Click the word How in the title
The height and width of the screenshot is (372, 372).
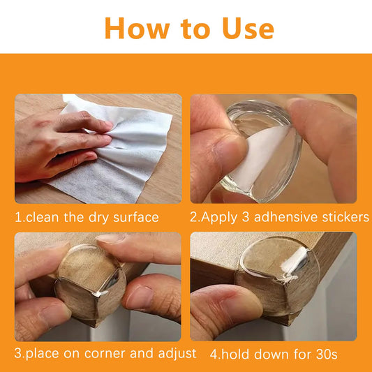point(137,28)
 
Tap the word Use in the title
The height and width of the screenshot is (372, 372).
point(248,28)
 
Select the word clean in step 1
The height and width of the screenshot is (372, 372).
point(42,217)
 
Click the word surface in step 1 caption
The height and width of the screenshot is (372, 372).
point(136,217)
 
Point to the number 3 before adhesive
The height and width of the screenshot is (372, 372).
point(245,217)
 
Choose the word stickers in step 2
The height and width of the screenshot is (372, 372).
point(345,217)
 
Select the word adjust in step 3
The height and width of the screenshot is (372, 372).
point(177,354)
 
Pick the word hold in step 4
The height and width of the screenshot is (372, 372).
point(236,355)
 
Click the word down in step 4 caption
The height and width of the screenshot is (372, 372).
point(271,355)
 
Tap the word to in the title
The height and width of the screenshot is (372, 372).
point(195,29)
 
